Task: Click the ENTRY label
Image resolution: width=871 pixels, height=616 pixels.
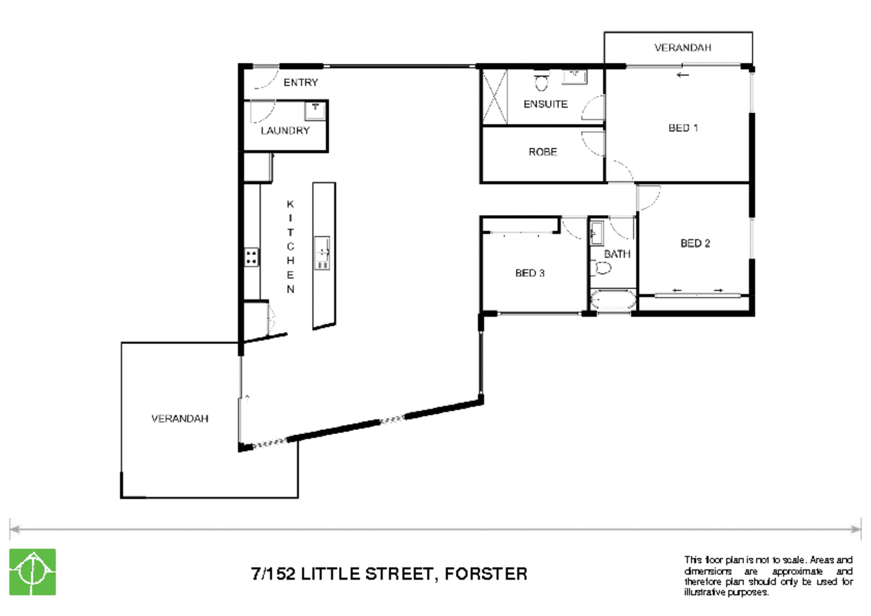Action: pos(300,83)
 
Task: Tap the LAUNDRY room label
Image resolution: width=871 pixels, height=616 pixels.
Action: pos(285,131)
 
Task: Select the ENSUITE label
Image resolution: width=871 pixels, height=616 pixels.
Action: pos(545,104)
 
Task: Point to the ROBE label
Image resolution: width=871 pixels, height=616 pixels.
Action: pos(542,152)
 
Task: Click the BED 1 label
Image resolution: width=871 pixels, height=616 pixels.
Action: pos(683,128)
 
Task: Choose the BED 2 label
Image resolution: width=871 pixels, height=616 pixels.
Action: pos(695,243)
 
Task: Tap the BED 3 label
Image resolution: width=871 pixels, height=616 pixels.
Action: pos(530,273)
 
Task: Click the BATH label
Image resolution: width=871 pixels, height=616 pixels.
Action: pos(617,254)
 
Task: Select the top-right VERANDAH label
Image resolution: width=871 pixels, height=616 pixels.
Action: pos(682,48)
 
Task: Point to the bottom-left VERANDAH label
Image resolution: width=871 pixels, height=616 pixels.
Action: pos(179,418)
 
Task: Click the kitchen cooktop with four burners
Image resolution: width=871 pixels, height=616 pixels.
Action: pos(251,257)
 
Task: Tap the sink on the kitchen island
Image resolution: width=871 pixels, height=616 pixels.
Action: pos(322,253)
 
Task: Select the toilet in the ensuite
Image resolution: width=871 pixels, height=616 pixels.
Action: pos(541,82)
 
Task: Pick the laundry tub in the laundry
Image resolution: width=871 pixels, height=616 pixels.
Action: pos(315,110)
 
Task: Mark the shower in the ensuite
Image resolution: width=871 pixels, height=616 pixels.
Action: pos(494,96)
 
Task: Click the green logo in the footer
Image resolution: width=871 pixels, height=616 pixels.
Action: pos(33,572)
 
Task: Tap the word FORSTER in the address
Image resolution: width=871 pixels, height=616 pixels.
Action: pos(486,574)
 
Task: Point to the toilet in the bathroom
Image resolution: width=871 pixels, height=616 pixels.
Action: pos(602,268)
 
